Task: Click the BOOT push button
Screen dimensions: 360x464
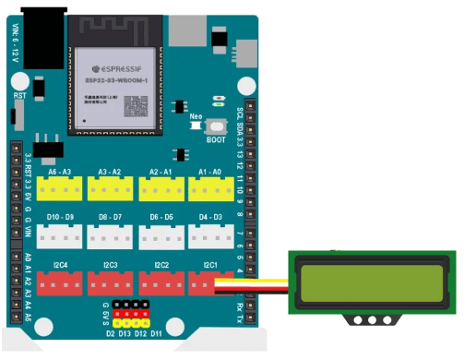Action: click(218, 128)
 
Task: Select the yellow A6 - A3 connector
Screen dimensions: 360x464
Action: click(60, 188)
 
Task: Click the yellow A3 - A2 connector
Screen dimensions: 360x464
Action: click(110, 188)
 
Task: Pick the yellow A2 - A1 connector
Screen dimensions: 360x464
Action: click(161, 188)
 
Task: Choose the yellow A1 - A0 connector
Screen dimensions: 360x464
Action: click(210, 188)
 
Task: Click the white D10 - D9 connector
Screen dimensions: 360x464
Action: click(60, 235)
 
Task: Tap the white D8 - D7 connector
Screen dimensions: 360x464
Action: click(110, 235)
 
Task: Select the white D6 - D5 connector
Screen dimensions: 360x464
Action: click(161, 235)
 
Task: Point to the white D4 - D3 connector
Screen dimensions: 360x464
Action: click(210, 235)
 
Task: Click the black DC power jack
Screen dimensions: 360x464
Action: click(43, 37)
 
